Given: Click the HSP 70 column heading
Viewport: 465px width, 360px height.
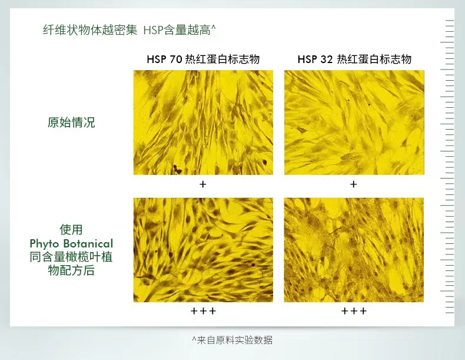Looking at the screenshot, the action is tap(203, 59).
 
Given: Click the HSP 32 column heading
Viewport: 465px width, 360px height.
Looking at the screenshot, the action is tap(354, 59).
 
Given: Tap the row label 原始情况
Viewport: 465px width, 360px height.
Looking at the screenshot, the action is tap(71, 123).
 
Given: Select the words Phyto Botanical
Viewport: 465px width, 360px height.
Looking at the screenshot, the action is tap(71, 244).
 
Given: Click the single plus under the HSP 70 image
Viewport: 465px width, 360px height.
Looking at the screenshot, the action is tap(203, 184).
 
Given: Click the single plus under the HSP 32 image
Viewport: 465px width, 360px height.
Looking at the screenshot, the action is tap(354, 184).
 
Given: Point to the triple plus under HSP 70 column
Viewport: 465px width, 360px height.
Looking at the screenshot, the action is tap(203, 311).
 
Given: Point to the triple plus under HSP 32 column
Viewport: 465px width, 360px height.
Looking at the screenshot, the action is tap(354, 311).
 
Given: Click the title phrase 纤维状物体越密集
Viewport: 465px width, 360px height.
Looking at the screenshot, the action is tap(90, 30).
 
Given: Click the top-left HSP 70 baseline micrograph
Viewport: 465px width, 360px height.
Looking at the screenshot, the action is tap(203, 123).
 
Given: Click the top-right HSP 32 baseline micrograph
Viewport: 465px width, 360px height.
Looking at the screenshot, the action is tap(354, 123).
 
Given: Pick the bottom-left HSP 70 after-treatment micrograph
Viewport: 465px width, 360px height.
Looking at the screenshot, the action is tap(203, 250).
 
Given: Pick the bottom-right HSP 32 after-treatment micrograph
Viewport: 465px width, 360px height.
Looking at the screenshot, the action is tap(354, 250).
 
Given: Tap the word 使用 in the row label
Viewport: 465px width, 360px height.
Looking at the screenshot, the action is tap(71, 230).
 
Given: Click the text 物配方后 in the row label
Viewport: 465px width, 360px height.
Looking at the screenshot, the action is tap(71, 270).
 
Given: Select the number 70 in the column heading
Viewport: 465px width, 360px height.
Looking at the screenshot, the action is tap(176, 60).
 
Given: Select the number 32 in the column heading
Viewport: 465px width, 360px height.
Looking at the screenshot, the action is tap(327, 60).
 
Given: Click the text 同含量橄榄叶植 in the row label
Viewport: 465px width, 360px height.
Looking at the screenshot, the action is tap(71, 257).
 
